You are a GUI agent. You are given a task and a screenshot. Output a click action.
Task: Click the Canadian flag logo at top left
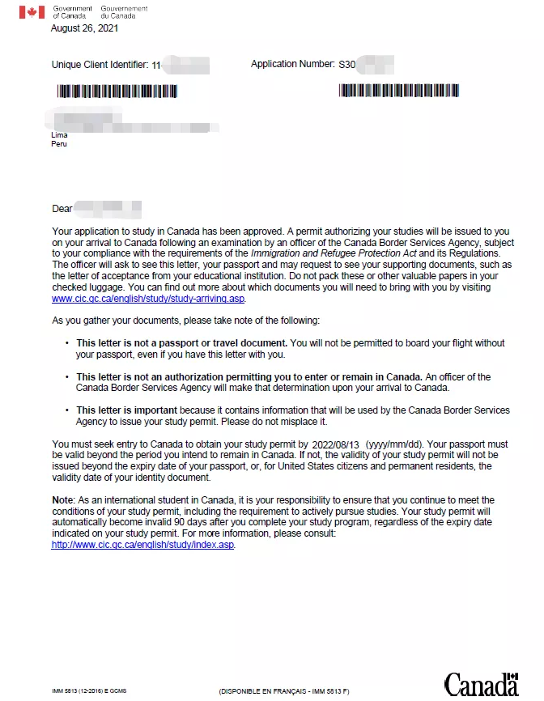[x=32, y=12]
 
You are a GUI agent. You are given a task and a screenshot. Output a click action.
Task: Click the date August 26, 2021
[x=84, y=28]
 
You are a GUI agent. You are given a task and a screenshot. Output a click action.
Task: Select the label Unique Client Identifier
[x=100, y=65]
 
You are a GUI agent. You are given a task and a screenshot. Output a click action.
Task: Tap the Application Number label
[x=292, y=64]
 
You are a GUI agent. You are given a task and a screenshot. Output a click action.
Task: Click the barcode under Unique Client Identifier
[x=117, y=91]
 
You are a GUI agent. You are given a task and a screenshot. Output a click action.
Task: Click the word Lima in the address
[x=59, y=135]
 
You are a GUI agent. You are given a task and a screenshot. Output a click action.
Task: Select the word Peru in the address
[x=59, y=144]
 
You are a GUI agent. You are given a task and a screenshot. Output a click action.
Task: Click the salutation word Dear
[x=62, y=209]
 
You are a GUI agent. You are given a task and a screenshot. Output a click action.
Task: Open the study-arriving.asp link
[x=148, y=299]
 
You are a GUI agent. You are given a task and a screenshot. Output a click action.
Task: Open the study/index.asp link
[x=143, y=545]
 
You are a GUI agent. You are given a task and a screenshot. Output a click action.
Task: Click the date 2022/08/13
[x=335, y=444]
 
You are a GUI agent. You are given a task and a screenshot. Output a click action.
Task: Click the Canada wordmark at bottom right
[x=481, y=684]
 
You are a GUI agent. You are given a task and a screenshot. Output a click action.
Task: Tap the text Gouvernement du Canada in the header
[x=124, y=12]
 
